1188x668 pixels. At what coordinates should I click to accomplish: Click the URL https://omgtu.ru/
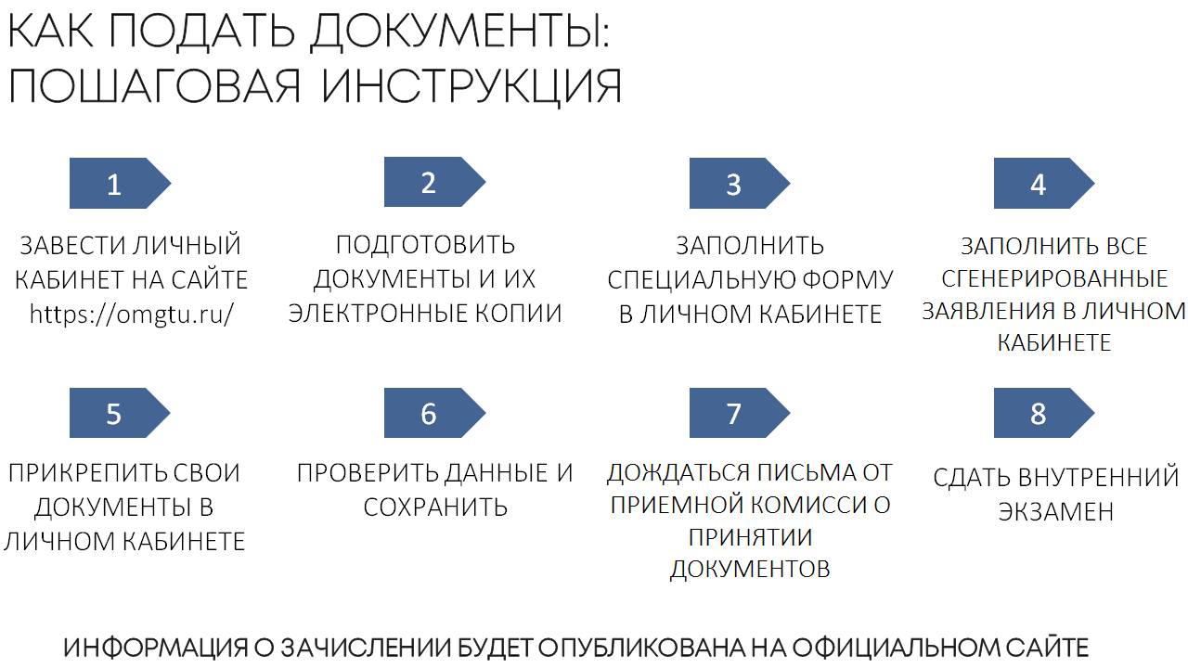tap(131, 314)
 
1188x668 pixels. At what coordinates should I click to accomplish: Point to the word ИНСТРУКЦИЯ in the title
tap(472, 86)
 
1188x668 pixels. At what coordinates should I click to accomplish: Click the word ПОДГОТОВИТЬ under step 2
tap(425, 245)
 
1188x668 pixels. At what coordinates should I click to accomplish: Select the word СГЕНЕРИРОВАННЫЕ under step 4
tap(1054, 278)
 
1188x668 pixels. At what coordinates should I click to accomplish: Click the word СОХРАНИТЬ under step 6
tap(435, 507)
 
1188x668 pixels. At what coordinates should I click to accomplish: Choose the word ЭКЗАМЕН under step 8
tap(1055, 511)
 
